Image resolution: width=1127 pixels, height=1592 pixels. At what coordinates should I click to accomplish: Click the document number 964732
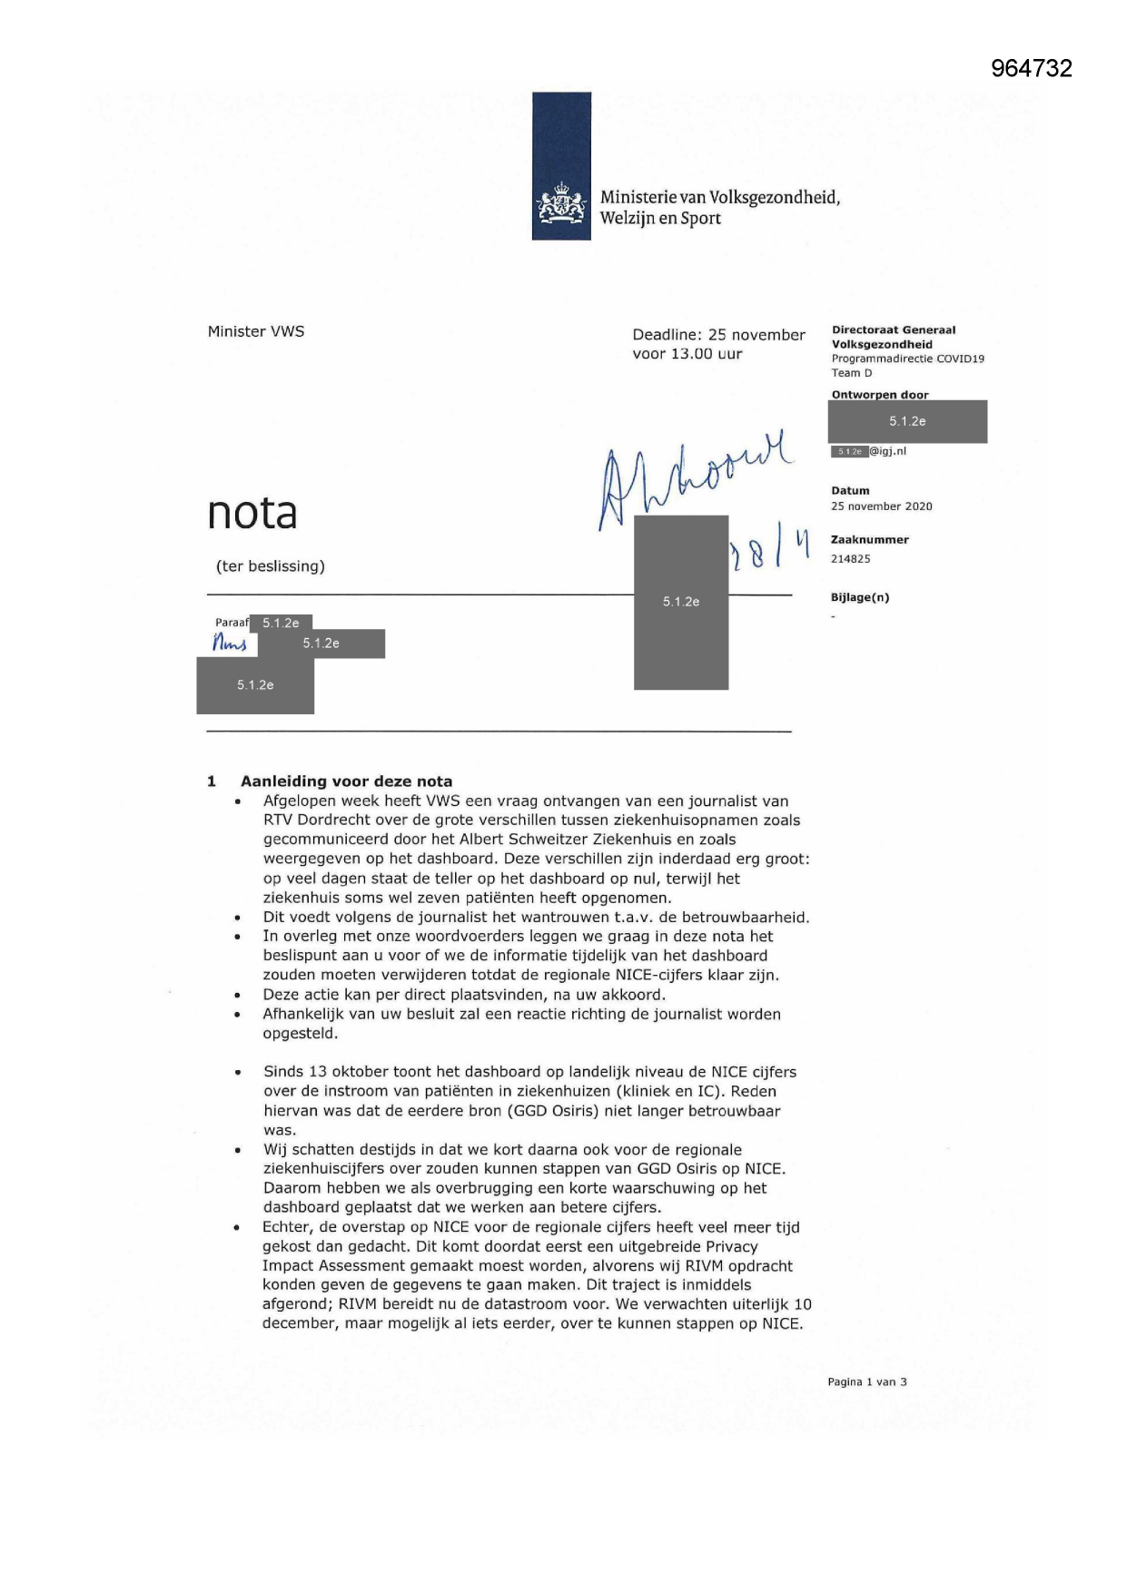pos(1031,68)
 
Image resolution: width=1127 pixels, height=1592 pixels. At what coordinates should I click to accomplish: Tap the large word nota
pos(252,513)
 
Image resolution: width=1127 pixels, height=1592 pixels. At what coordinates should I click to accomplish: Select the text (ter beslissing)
pos(270,566)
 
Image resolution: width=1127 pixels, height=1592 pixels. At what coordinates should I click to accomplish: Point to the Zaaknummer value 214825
pos(850,559)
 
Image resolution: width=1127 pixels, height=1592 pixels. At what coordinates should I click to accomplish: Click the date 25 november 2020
pos(881,506)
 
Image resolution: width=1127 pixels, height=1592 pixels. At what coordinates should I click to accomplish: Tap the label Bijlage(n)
pos(860,597)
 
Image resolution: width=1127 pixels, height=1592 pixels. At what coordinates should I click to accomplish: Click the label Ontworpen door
pos(880,395)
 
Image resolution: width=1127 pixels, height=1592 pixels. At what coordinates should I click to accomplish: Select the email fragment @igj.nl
pos(888,451)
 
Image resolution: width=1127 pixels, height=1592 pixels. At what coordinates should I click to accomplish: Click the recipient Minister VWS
pos(256,331)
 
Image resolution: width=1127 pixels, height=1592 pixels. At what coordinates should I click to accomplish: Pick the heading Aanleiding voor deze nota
pos(346,781)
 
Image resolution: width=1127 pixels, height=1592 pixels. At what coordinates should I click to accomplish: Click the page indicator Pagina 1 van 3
pos(866,1381)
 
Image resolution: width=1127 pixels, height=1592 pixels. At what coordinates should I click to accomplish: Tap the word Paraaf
pos(232,623)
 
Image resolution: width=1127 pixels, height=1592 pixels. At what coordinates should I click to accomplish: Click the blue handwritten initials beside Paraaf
pos(230,644)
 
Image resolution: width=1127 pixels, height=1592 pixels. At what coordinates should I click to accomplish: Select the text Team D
pos(851,373)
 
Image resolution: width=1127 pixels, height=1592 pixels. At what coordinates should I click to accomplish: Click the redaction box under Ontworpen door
pos(907,421)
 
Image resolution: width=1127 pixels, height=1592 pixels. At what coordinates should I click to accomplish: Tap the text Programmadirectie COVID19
pos(907,359)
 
